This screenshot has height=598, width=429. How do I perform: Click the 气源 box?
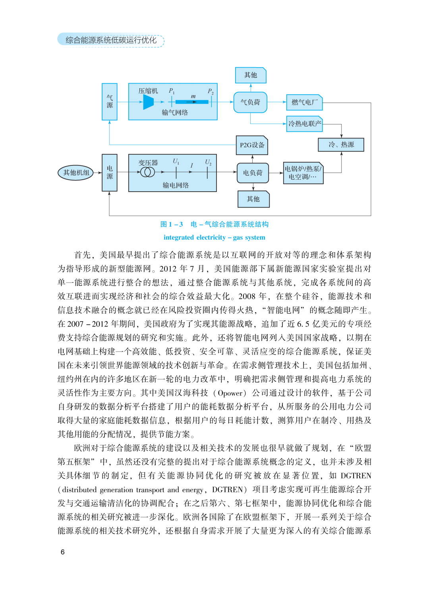(x=110, y=102)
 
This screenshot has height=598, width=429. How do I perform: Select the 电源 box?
(x=110, y=173)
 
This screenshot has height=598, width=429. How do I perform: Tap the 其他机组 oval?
(x=76, y=173)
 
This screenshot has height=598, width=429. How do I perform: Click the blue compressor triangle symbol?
(x=148, y=102)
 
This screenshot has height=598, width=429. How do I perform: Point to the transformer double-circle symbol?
(x=148, y=172)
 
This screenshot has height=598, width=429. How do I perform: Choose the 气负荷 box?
(x=250, y=102)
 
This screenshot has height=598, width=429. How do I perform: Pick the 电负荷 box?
(x=253, y=173)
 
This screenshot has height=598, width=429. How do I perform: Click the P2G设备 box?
(x=252, y=145)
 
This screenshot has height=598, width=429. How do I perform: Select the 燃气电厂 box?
(x=304, y=102)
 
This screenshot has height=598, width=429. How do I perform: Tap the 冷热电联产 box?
(x=305, y=124)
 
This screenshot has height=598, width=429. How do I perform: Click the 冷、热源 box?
(x=341, y=145)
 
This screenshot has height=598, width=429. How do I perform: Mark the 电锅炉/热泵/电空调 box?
(x=303, y=173)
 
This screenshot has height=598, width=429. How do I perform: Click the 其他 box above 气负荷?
(x=251, y=75)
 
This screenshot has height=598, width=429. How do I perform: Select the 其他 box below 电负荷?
(x=253, y=199)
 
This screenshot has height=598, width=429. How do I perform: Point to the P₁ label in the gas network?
(x=172, y=91)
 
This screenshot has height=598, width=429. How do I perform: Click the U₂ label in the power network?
(x=208, y=162)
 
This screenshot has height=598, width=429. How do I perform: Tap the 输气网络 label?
(x=175, y=113)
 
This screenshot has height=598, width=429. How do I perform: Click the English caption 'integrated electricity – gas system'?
(x=214, y=237)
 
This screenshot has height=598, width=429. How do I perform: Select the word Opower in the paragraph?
(x=230, y=393)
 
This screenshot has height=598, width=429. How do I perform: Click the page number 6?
(x=62, y=552)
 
